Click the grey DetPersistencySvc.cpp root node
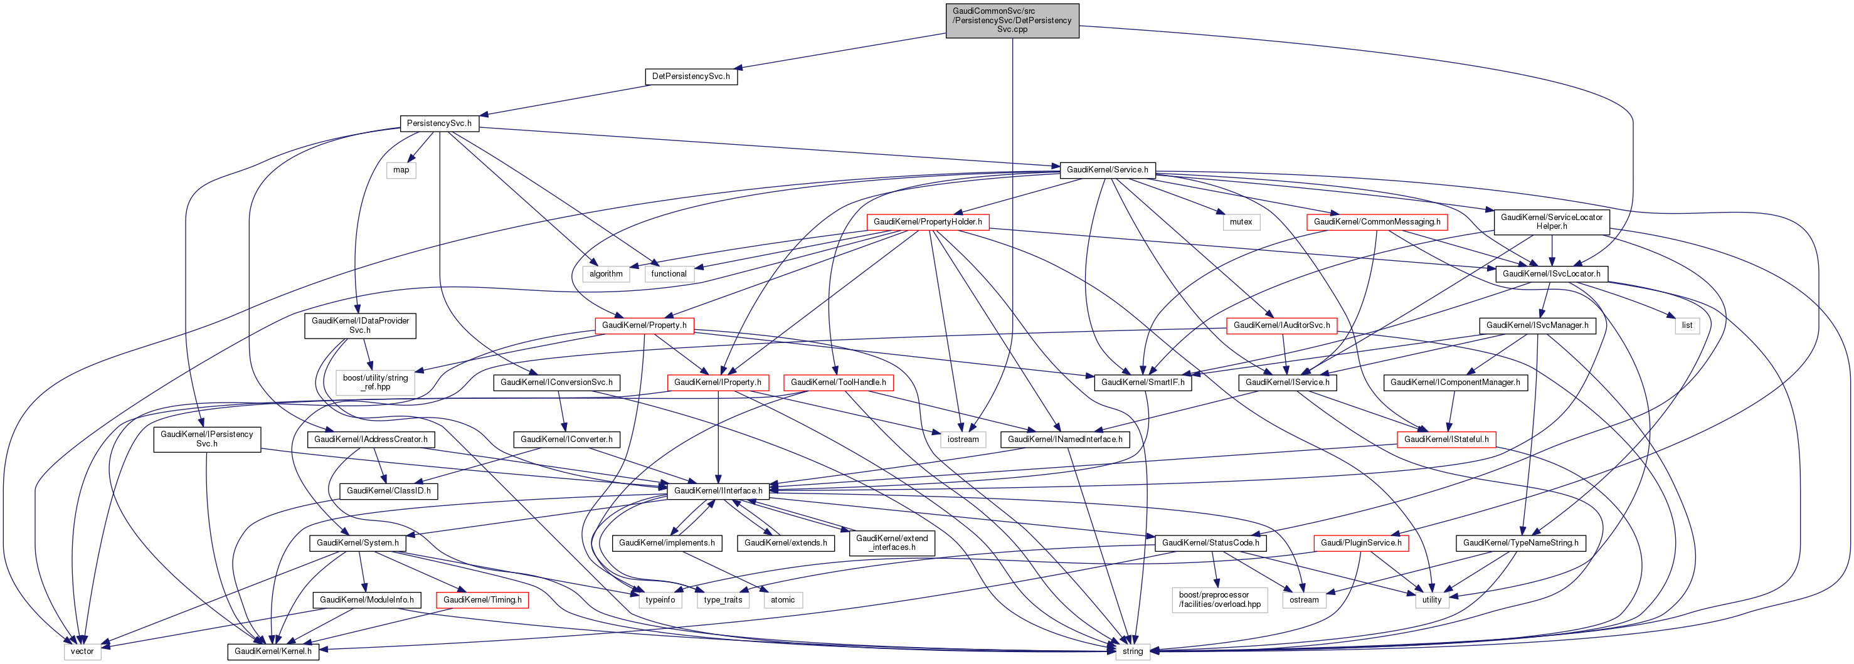tap(1012, 20)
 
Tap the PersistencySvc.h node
tap(439, 123)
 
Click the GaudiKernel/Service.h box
tap(1107, 170)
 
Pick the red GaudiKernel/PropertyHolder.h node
tap(927, 221)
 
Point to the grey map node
tap(401, 170)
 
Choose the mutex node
tap(1240, 221)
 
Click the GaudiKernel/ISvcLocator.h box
tap(1551, 273)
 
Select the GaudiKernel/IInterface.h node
tap(718, 490)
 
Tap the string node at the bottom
tap(1132, 651)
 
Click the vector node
tap(82, 651)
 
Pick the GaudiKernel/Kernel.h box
tap(273, 651)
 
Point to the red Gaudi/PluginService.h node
tap(1360, 542)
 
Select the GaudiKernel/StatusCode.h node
tap(1210, 542)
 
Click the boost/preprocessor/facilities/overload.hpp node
tap(1219, 599)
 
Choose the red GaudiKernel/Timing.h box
tap(482, 599)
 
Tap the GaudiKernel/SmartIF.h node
tap(1142, 382)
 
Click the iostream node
tap(962, 439)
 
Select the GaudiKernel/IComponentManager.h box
tap(1454, 382)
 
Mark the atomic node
tap(782, 599)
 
